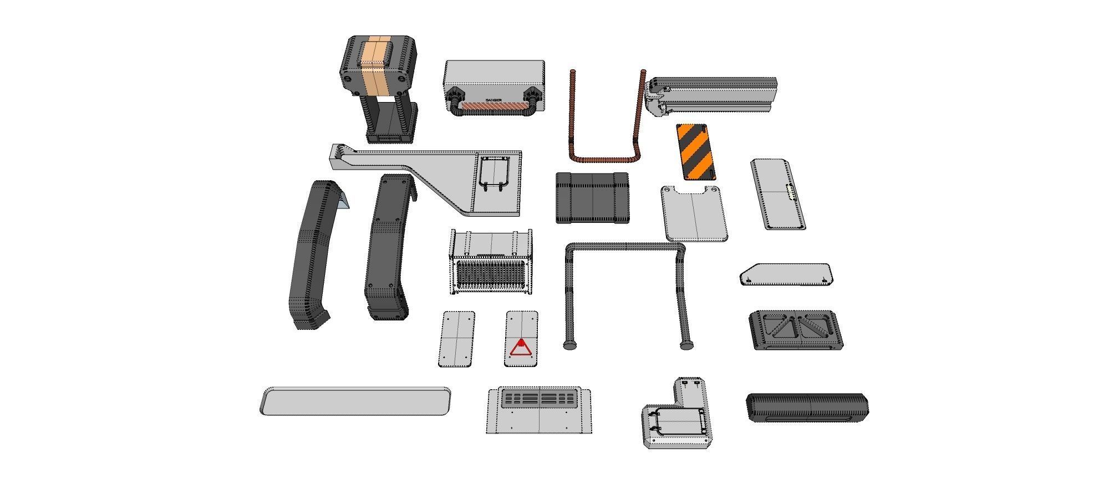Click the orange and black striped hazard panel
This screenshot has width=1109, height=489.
695,152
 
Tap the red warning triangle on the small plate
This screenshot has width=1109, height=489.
521,348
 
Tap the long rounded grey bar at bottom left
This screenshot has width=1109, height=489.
355,401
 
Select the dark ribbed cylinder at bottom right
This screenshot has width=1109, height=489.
807,408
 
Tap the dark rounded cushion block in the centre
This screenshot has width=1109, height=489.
592,198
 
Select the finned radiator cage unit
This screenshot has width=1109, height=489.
491,263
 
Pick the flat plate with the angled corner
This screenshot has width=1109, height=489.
786,274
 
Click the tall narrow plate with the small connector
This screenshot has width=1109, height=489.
777,194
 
